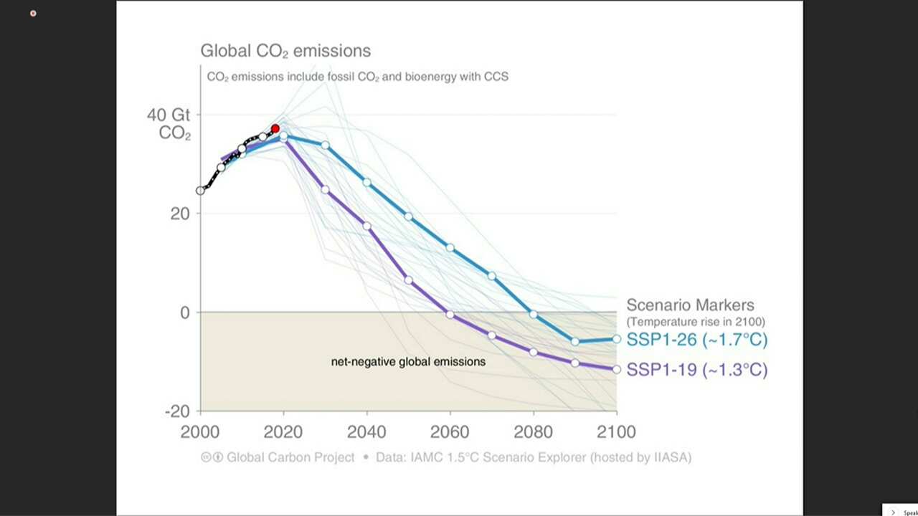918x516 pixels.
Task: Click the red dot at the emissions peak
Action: point(275,129)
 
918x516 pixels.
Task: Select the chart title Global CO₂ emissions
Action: point(285,51)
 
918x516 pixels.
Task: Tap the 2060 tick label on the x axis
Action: point(450,432)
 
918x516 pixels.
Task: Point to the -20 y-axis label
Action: point(177,411)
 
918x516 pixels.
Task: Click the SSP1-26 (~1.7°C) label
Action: point(696,339)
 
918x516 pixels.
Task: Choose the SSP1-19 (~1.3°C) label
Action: point(696,370)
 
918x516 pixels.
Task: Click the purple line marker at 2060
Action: point(450,314)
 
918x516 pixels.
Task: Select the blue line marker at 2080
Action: point(534,314)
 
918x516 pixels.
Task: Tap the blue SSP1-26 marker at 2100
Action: point(617,339)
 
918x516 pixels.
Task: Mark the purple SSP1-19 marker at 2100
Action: point(617,369)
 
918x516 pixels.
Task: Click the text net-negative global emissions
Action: point(408,362)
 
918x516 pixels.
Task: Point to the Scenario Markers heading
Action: point(690,305)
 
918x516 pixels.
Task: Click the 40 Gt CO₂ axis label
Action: point(169,124)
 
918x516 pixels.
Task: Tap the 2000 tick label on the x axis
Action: point(200,432)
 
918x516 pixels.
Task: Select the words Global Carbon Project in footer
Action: point(290,457)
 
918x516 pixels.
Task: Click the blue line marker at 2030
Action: point(325,145)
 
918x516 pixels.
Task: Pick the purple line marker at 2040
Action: point(366,226)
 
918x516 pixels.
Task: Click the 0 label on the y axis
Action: point(184,312)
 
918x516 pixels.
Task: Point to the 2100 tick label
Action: point(616,432)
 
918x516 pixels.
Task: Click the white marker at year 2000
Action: point(200,191)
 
